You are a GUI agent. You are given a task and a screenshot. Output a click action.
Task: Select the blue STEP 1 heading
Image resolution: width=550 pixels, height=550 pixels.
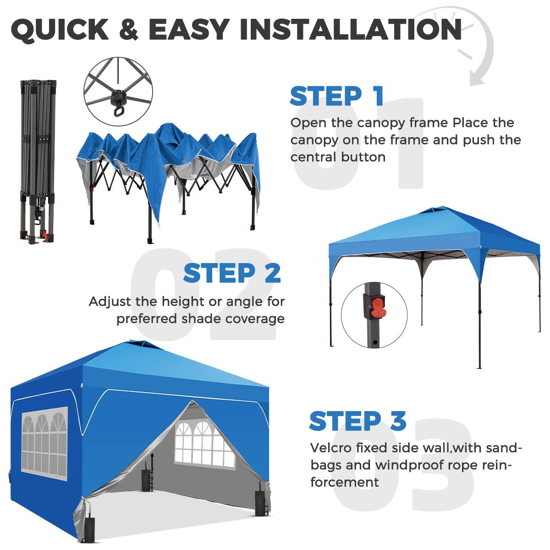(336, 96)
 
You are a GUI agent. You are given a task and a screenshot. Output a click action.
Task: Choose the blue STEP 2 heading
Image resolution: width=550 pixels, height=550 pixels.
(232, 273)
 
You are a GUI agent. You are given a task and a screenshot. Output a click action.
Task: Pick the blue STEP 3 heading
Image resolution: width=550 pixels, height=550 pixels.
(357, 421)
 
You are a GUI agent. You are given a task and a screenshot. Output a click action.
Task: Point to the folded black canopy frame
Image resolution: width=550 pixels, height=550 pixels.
(38, 160)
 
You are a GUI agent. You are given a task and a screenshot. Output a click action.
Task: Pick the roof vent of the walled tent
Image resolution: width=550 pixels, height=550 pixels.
(136, 344)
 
